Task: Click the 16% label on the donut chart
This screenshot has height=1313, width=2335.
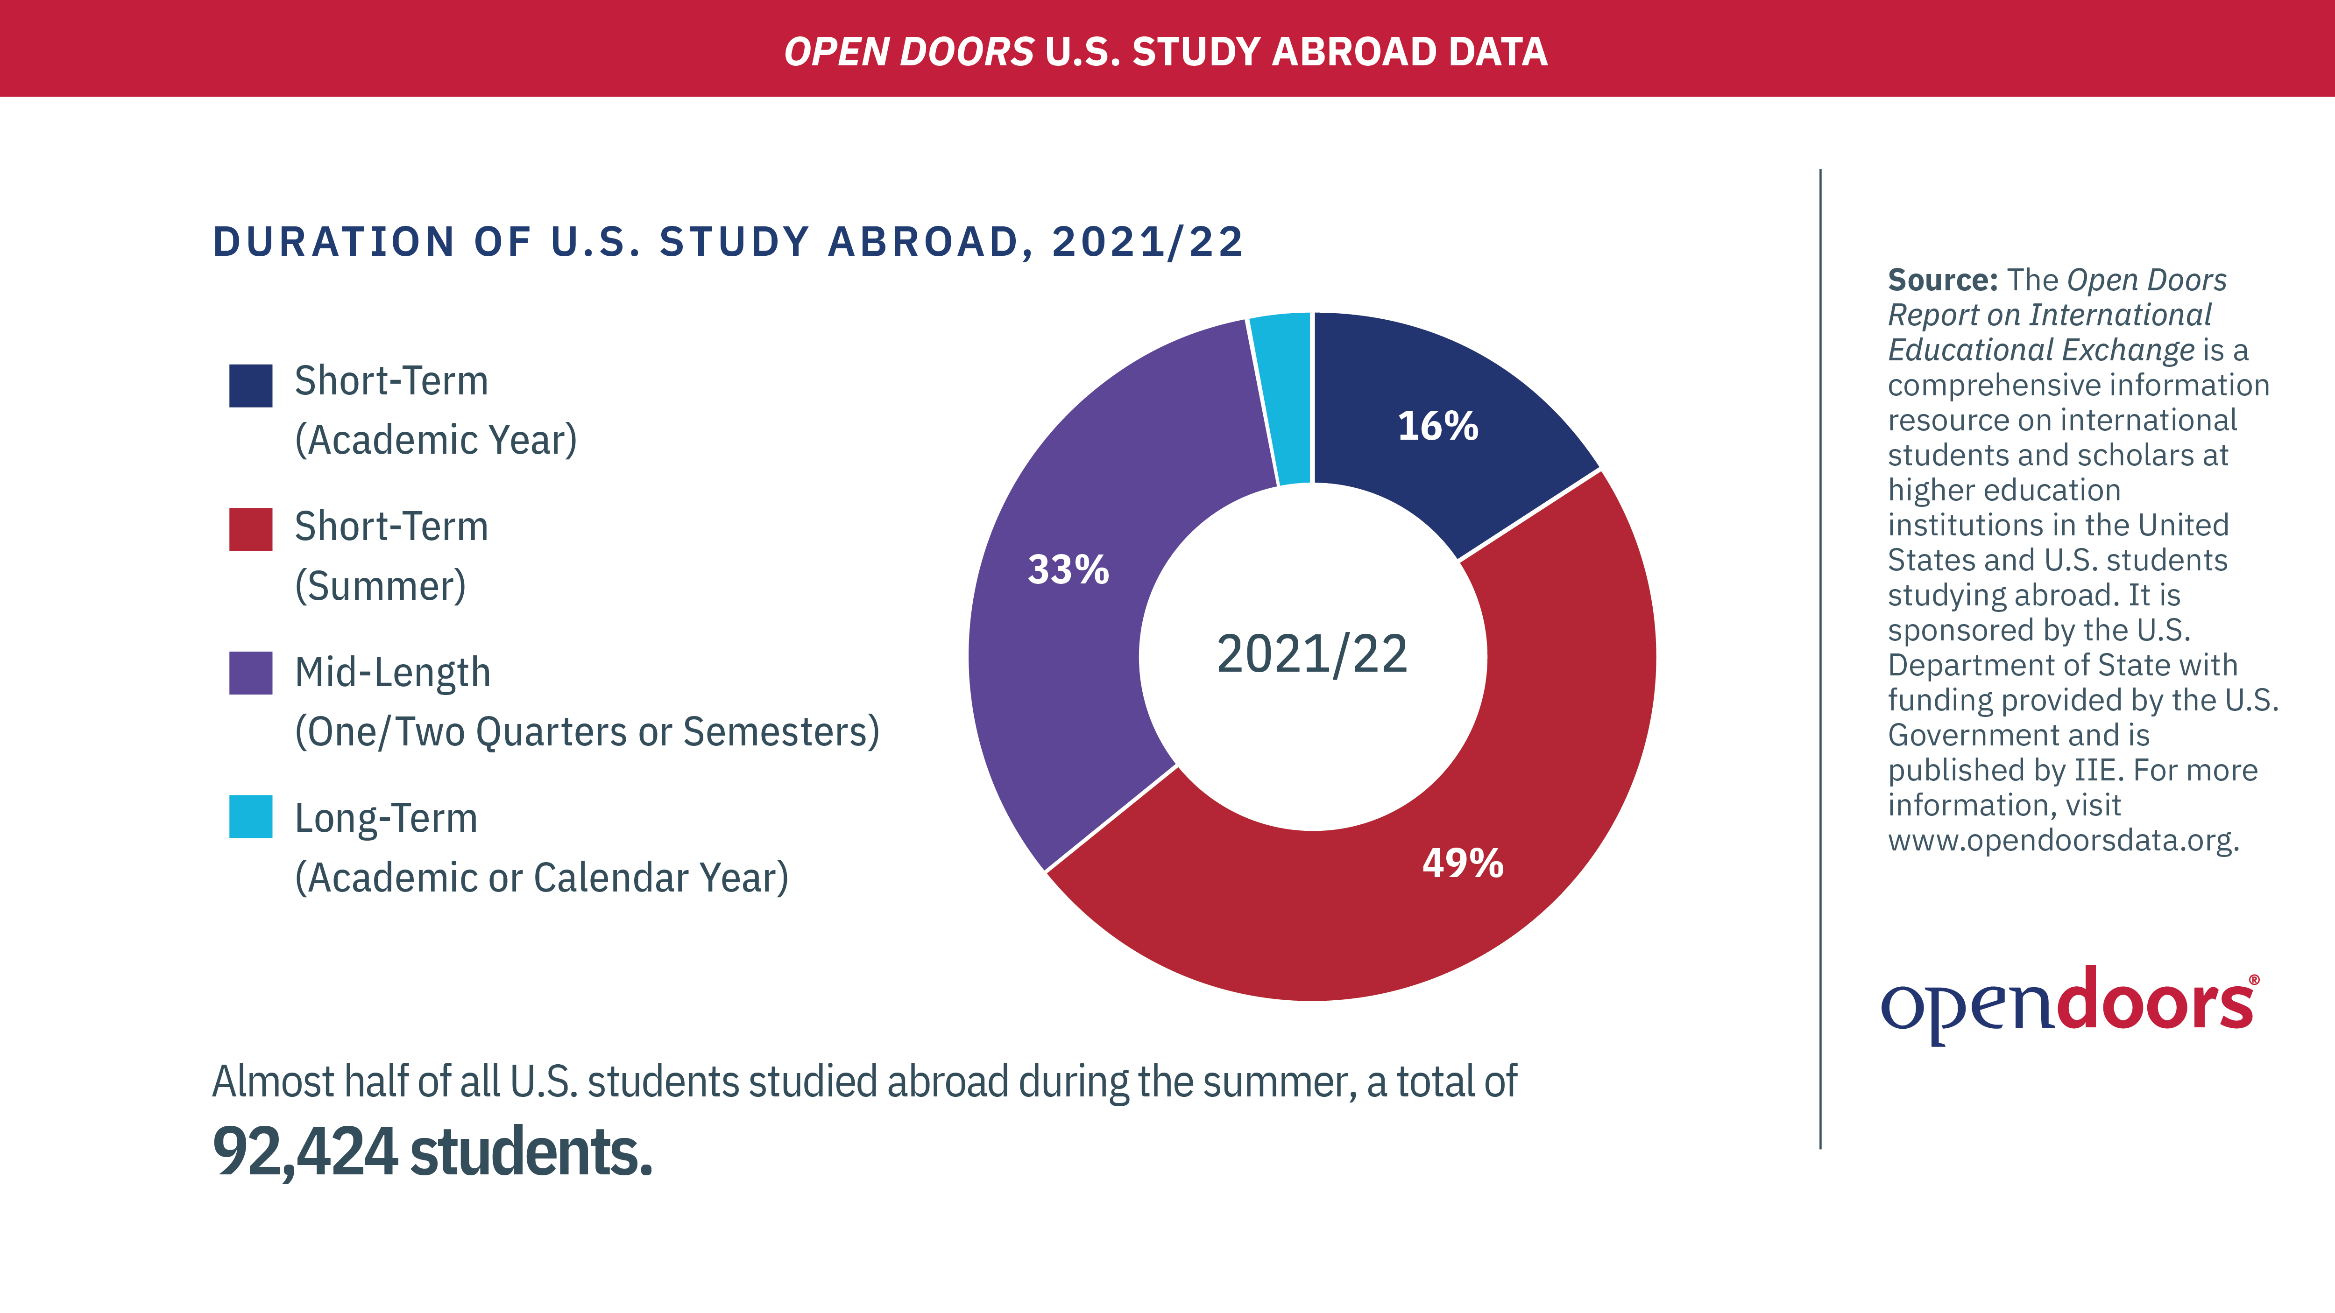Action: tap(1437, 426)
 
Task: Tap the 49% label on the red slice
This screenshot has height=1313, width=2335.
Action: tap(1462, 863)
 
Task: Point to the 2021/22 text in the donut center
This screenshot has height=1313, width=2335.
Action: tap(1312, 654)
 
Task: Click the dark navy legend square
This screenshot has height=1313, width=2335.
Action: tap(251, 386)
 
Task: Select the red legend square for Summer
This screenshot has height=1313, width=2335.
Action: tap(251, 529)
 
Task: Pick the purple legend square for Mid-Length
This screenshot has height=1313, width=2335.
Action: tap(251, 673)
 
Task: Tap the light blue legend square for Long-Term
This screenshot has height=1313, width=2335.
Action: tap(251, 816)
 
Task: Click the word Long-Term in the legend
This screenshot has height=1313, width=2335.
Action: tap(386, 818)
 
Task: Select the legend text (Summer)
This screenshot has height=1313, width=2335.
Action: tap(380, 586)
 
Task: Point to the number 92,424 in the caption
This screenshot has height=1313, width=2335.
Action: tap(304, 1152)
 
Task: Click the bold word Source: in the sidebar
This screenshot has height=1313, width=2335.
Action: tap(1943, 280)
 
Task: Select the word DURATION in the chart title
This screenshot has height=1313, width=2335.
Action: tap(333, 242)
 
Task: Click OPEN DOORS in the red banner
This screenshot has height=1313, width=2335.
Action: tap(908, 52)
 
